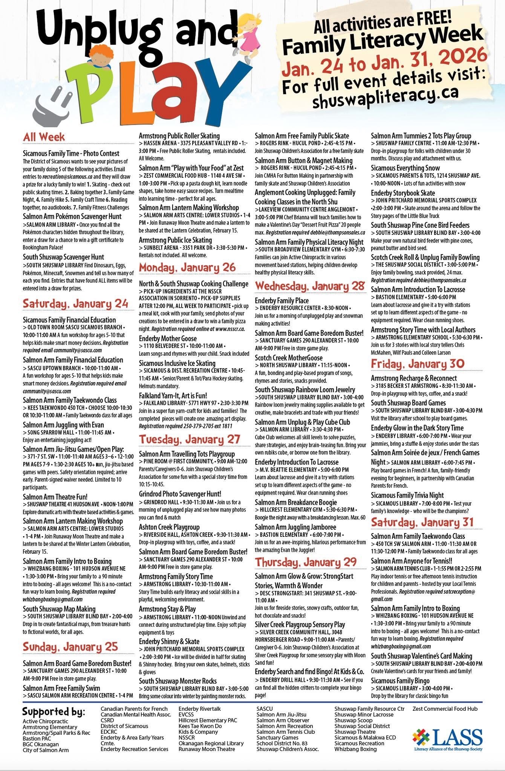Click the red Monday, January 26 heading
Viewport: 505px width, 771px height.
[187, 268]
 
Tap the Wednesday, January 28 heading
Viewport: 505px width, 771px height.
[310, 286]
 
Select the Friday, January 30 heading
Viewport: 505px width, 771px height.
[418, 364]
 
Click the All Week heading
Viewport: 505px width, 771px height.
[44, 137]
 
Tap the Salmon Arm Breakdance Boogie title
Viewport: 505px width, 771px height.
[295, 502]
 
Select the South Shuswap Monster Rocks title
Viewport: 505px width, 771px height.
[178, 681]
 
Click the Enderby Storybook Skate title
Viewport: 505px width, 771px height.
[403, 193]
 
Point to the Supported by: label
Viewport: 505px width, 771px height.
[54, 712]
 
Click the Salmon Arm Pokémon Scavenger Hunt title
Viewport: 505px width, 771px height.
[72, 216]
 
